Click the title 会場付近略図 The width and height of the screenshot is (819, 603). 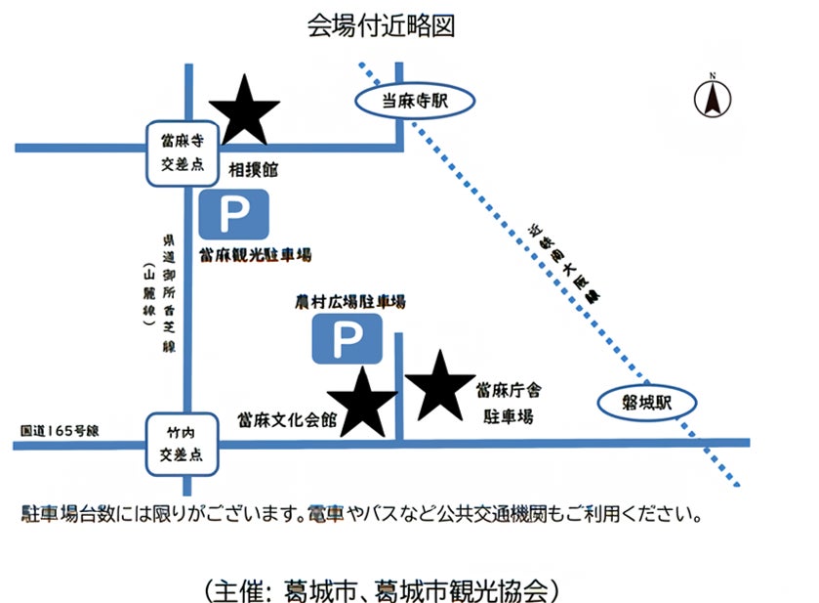click(381, 26)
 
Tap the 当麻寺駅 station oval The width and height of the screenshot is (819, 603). click(414, 100)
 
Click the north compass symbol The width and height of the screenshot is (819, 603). click(713, 97)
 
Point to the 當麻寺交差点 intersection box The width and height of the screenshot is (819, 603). click(183, 153)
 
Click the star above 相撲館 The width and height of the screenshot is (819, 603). click(244, 109)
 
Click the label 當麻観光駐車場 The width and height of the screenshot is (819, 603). click(255, 256)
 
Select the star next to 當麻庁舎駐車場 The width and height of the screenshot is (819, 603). click(440, 384)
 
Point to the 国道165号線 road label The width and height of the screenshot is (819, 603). click(66, 430)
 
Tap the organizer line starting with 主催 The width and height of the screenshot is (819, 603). click(382, 590)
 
